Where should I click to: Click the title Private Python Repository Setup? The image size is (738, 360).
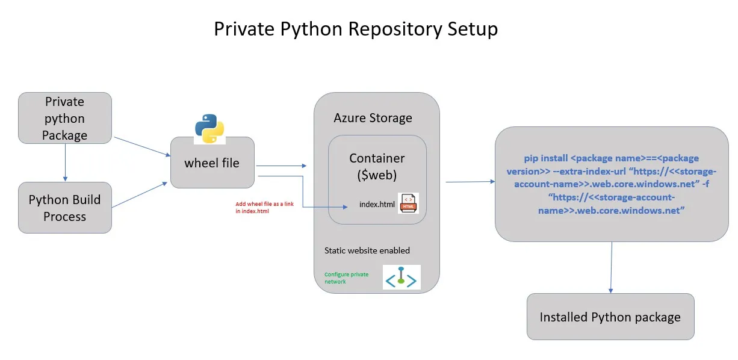point(356,29)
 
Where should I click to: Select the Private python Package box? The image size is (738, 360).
point(64,118)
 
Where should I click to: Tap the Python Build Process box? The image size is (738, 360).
point(64,208)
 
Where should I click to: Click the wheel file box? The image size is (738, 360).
point(212,163)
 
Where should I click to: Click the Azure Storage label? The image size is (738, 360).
point(373,118)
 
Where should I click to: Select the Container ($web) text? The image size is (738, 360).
point(377,166)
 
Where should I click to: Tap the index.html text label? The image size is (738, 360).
point(377,205)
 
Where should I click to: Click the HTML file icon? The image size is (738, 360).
point(408,203)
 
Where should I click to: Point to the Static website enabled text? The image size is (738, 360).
point(367,250)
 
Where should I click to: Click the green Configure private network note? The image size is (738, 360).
point(346,278)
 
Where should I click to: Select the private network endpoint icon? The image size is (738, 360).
point(402,278)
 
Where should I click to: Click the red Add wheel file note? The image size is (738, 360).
point(264,208)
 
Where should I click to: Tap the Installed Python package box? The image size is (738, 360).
point(610,317)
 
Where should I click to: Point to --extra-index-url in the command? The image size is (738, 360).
point(587,171)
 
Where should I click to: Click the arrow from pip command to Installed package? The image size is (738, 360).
point(612,267)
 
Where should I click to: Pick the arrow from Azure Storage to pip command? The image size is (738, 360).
point(470,181)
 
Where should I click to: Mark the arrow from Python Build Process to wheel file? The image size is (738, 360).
point(140,194)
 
